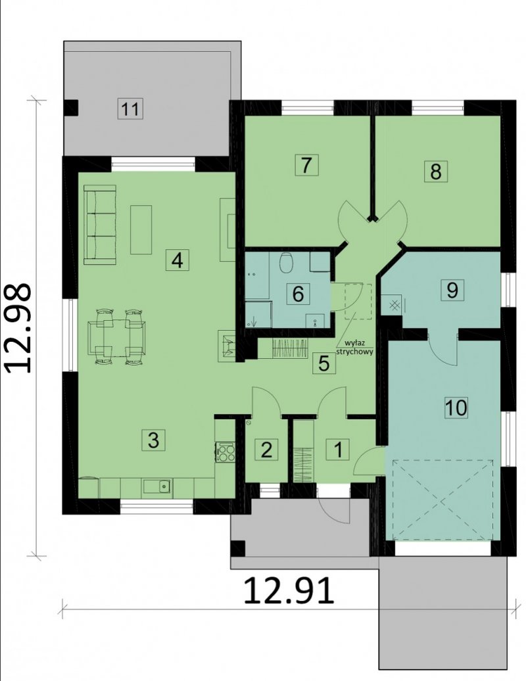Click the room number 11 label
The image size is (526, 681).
130,108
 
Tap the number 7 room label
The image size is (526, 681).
306,164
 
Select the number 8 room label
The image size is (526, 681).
436,171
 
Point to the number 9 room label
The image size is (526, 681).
452,289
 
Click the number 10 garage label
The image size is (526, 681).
456,408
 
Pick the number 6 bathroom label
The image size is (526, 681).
298,294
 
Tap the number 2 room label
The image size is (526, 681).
266,449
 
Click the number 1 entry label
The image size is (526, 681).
337,449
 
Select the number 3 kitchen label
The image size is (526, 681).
154,440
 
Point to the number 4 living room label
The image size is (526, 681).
178,260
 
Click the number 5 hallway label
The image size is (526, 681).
324,363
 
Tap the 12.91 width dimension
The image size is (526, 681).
289,590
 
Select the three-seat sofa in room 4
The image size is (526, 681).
100,225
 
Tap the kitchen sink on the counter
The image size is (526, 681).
157,488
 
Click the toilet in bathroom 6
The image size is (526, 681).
286,262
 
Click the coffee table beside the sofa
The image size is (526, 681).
141,230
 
